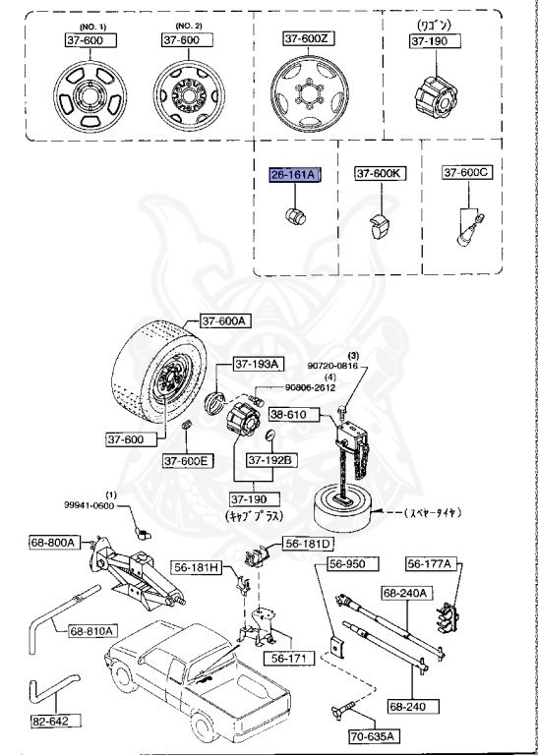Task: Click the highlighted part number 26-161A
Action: point(293,174)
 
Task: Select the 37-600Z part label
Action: point(306,38)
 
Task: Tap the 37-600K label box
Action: point(379,174)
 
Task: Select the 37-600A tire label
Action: point(227,320)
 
